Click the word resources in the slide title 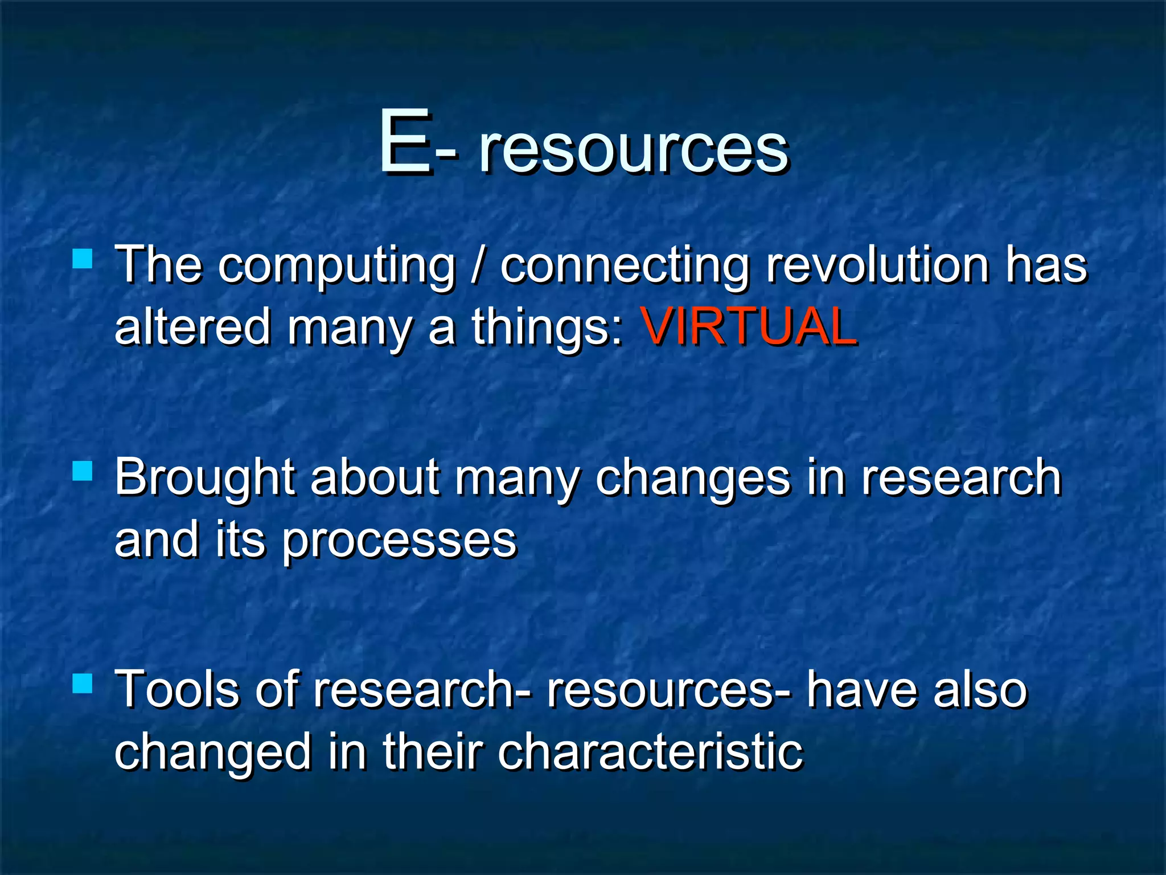click(633, 149)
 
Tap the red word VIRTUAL click(748, 326)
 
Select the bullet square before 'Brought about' click(83, 471)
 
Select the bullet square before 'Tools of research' click(83, 683)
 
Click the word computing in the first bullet click(337, 267)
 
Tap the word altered click(192, 327)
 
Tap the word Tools click(176, 690)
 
